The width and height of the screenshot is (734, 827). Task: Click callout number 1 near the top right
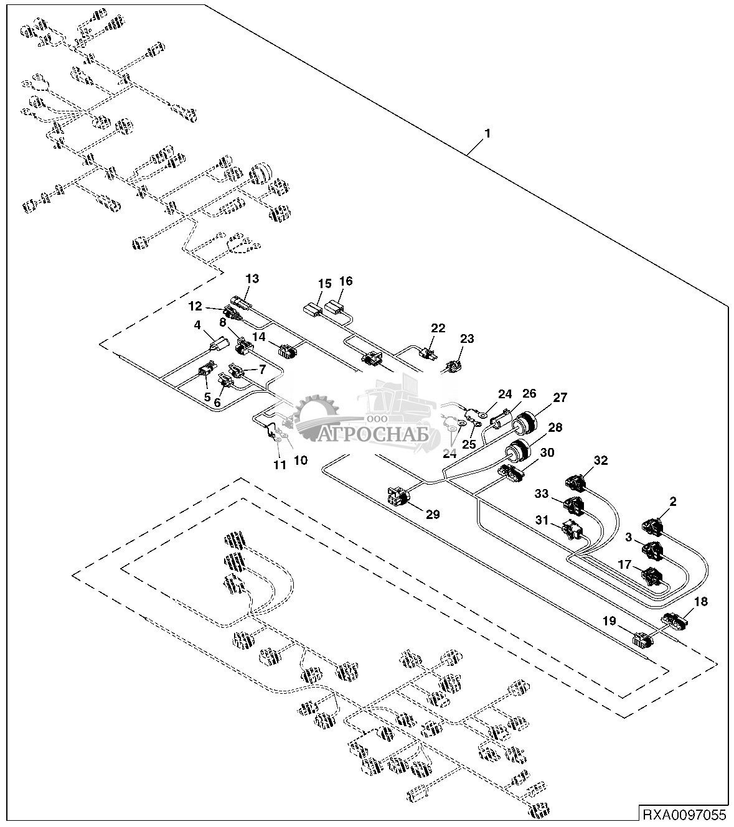point(488,134)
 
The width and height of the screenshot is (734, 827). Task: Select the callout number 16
point(346,281)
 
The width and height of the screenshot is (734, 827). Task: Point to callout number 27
point(560,398)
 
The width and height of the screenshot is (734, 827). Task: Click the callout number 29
point(432,514)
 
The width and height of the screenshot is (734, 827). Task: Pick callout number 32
point(600,460)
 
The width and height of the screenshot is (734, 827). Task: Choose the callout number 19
point(609,620)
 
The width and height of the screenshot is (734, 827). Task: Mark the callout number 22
point(438,328)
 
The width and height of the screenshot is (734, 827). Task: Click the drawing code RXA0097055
point(683,814)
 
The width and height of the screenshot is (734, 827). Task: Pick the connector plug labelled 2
point(652,526)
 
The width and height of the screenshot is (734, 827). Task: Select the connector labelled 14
point(288,352)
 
